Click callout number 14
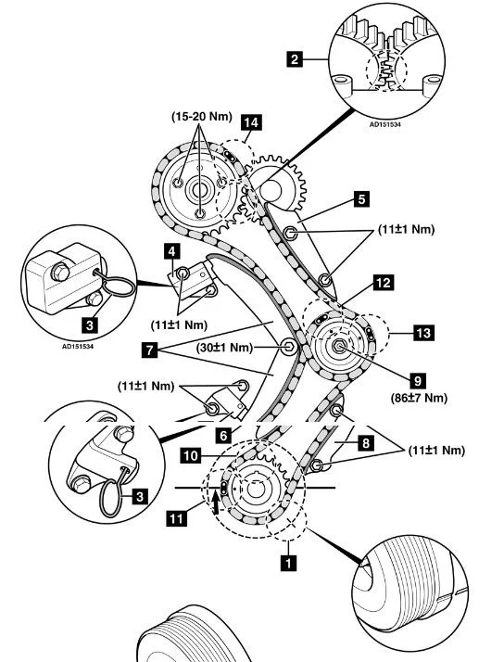250,122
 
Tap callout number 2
295,59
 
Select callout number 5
361,198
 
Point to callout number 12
383,283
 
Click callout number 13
423,333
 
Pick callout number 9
418,381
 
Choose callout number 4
171,251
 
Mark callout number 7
149,350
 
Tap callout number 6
224,436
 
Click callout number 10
191,456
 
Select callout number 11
177,518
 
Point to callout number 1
288,563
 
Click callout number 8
365,443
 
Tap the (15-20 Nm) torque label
202,116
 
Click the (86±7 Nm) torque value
419,398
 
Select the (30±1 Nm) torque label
225,348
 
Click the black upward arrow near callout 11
216,503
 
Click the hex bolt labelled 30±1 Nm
289,347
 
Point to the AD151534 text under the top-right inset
385,124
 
